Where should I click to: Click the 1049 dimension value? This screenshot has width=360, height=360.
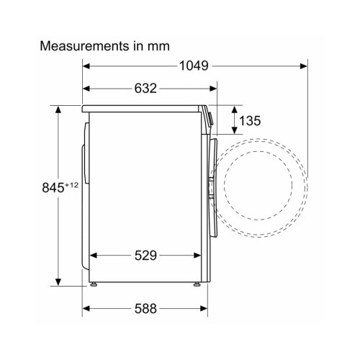pos(194,66)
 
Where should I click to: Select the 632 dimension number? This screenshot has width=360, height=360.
pos(145,89)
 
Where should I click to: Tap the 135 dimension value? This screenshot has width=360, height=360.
pos(250,120)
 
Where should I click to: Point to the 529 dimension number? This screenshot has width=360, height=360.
pos(145,256)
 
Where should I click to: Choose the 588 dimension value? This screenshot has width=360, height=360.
pos(145,308)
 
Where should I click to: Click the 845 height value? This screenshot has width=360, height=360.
pos(53,188)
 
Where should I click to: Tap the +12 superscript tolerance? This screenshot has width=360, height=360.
pos(71,185)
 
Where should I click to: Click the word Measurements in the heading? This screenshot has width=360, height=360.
pos(84,46)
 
